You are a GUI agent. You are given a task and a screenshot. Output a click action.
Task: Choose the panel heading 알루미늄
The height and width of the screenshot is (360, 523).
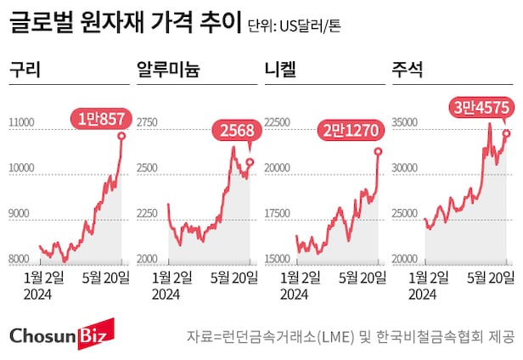click(x=168, y=70)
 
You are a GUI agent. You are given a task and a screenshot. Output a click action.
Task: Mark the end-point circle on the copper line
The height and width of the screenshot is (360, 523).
click(x=122, y=135)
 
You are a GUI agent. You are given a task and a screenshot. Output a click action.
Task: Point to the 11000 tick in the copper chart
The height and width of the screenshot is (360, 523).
click(x=20, y=124)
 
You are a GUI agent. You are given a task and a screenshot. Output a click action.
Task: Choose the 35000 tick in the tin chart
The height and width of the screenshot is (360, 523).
click(x=403, y=124)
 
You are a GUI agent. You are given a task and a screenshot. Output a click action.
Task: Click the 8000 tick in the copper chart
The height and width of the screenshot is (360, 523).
click(x=20, y=259)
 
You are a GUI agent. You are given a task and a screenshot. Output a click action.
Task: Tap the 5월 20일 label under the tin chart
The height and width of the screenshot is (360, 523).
click(x=489, y=276)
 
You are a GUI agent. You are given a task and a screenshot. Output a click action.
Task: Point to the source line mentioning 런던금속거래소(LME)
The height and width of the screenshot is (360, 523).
click(x=351, y=337)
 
